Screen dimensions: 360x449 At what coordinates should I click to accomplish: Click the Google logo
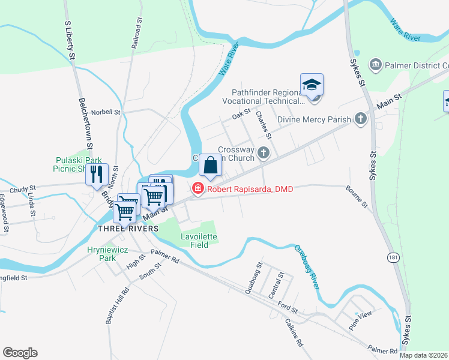pyautogui.click(x=20, y=353)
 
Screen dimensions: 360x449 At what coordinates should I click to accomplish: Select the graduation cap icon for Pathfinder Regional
pyautogui.click(x=312, y=85)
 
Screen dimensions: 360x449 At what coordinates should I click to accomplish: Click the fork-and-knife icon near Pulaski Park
pyautogui.click(x=96, y=175)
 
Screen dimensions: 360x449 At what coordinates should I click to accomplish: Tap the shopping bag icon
pyautogui.click(x=211, y=165)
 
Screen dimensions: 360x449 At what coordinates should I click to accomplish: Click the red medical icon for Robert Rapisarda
pyautogui.click(x=197, y=189)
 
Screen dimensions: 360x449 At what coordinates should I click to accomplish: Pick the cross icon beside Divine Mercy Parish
pyautogui.click(x=360, y=119)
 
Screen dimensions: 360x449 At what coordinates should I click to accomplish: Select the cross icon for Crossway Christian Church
pyautogui.click(x=263, y=154)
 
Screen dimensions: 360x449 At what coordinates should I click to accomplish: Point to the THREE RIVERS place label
pyautogui.click(x=128, y=229)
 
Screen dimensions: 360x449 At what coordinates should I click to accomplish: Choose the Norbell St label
pyautogui.click(x=106, y=112)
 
